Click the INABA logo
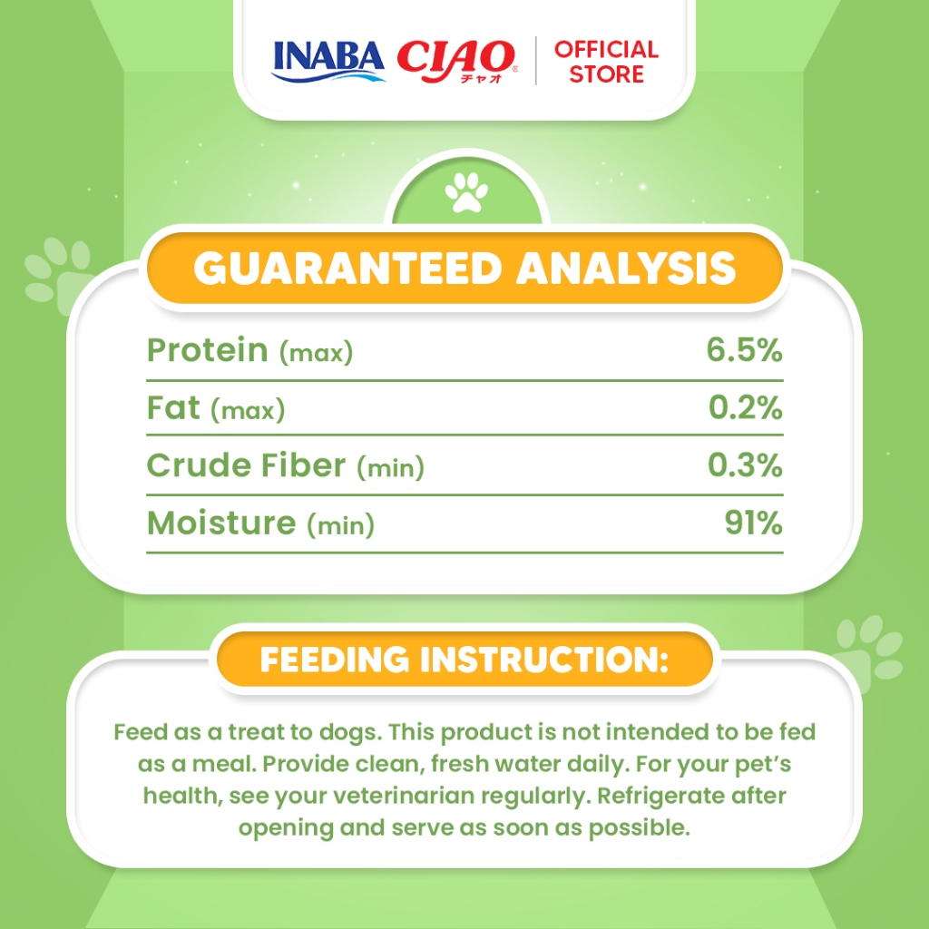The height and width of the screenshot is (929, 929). [328, 61]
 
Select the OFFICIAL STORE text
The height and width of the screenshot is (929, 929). [606, 62]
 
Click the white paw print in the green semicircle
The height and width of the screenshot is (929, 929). [466, 192]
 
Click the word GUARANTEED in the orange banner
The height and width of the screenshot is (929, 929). [348, 269]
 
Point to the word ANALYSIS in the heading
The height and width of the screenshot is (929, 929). [626, 269]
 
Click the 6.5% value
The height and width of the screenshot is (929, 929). [744, 349]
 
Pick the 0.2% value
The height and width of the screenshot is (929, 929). [746, 407]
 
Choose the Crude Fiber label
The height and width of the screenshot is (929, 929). [246, 465]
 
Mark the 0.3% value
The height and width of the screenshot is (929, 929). [746, 465]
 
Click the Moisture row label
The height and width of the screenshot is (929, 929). [221, 523]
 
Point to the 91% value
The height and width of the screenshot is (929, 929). [754, 523]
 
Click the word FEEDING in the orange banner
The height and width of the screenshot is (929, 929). [335, 660]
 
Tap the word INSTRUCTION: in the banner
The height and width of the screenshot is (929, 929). [544, 660]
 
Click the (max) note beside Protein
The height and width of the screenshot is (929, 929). [317, 353]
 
